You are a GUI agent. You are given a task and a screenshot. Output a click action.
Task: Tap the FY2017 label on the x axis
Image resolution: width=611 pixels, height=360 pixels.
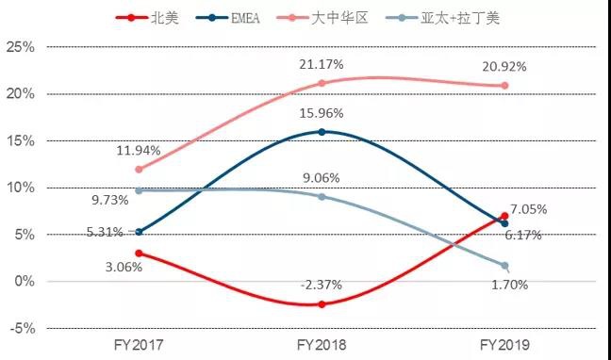point(139,347)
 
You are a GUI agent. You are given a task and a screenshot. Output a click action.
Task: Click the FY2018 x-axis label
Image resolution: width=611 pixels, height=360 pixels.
point(322,347)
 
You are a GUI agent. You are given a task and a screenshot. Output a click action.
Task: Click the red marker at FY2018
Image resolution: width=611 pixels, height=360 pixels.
point(322,304)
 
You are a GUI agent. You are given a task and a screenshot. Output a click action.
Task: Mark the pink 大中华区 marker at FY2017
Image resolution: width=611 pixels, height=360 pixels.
point(140,170)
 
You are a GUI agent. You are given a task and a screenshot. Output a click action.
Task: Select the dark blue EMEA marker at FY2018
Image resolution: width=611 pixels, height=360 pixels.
point(322,132)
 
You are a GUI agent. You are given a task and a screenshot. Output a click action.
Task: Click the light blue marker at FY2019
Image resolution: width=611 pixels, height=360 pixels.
point(504,266)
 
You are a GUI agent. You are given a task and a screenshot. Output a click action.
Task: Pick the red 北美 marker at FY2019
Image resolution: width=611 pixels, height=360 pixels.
point(504,216)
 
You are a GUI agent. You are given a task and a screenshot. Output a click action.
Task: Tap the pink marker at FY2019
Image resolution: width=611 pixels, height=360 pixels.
point(504,86)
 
